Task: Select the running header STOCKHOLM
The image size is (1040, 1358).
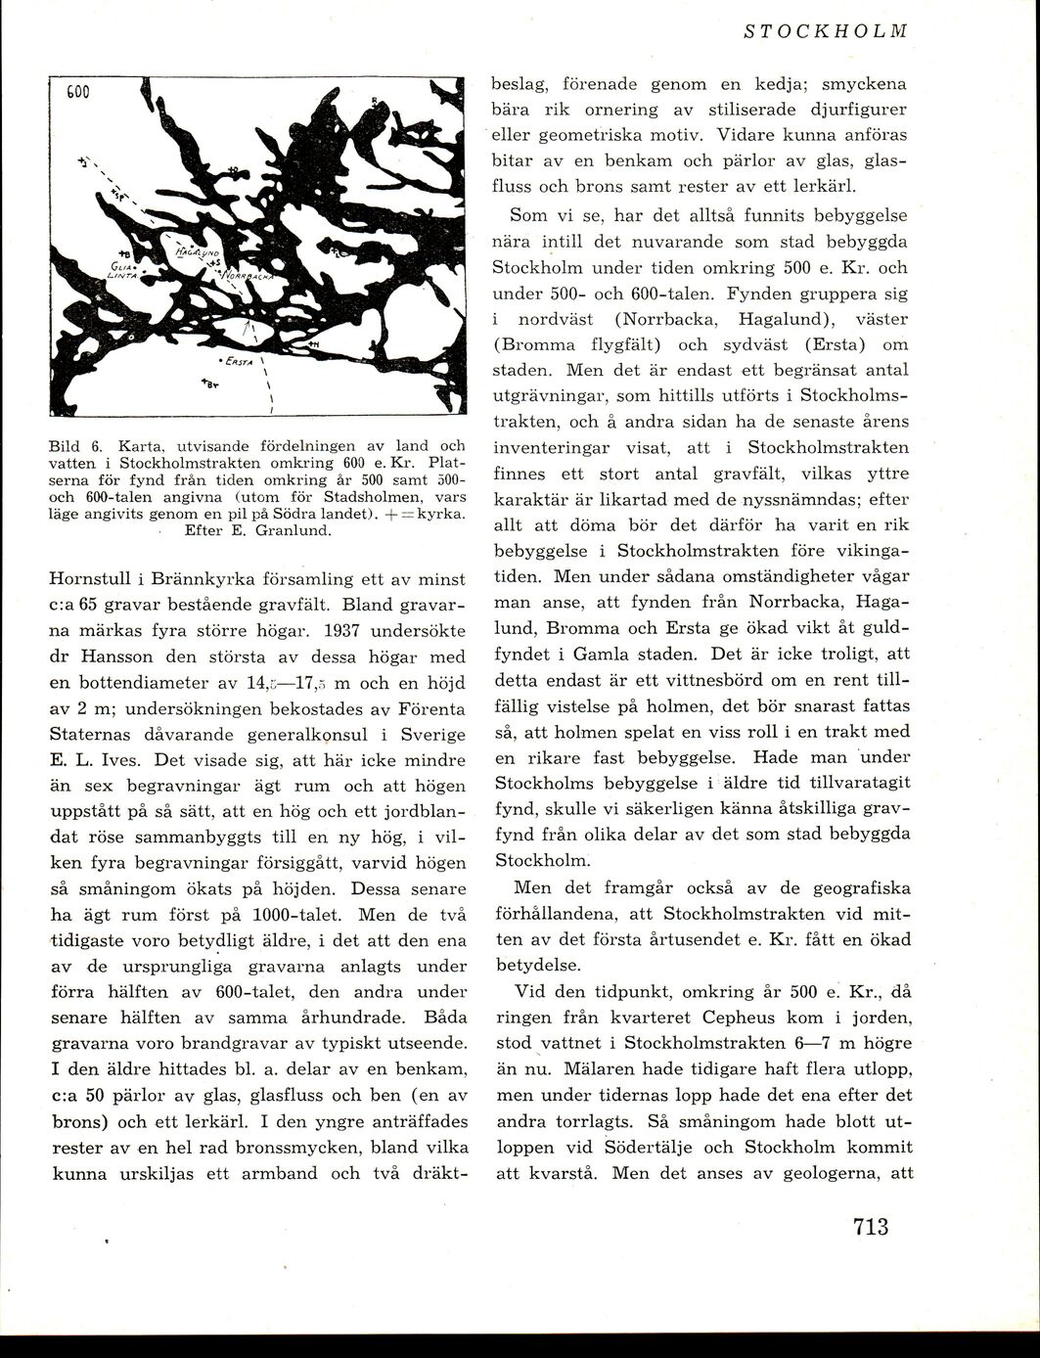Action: coord(826,30)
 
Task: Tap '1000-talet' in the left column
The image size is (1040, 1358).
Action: coord(296,916)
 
